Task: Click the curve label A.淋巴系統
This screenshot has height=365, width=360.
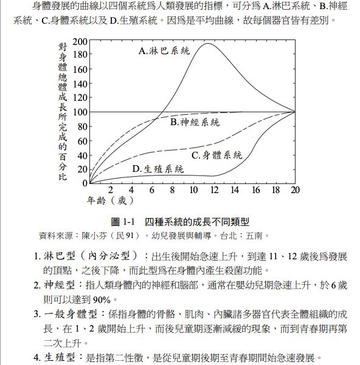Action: pos(165,51)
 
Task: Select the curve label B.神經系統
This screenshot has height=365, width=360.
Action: pos(195,123)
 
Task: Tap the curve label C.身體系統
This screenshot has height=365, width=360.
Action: pos(217,155)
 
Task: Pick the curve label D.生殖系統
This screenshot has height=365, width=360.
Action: pos(158,169)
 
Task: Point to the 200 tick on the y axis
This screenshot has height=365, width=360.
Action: pos(80,41)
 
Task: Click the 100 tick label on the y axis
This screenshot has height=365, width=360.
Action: pos(80,112)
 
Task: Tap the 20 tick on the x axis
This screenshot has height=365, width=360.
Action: pos(295,190)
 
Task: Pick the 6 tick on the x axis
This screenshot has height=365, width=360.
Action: pos(152,190)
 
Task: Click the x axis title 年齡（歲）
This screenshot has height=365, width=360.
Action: pos(106,200)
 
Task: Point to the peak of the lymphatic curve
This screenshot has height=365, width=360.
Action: pos(209,43)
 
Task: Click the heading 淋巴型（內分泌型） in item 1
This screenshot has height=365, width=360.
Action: pos(92,256)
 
